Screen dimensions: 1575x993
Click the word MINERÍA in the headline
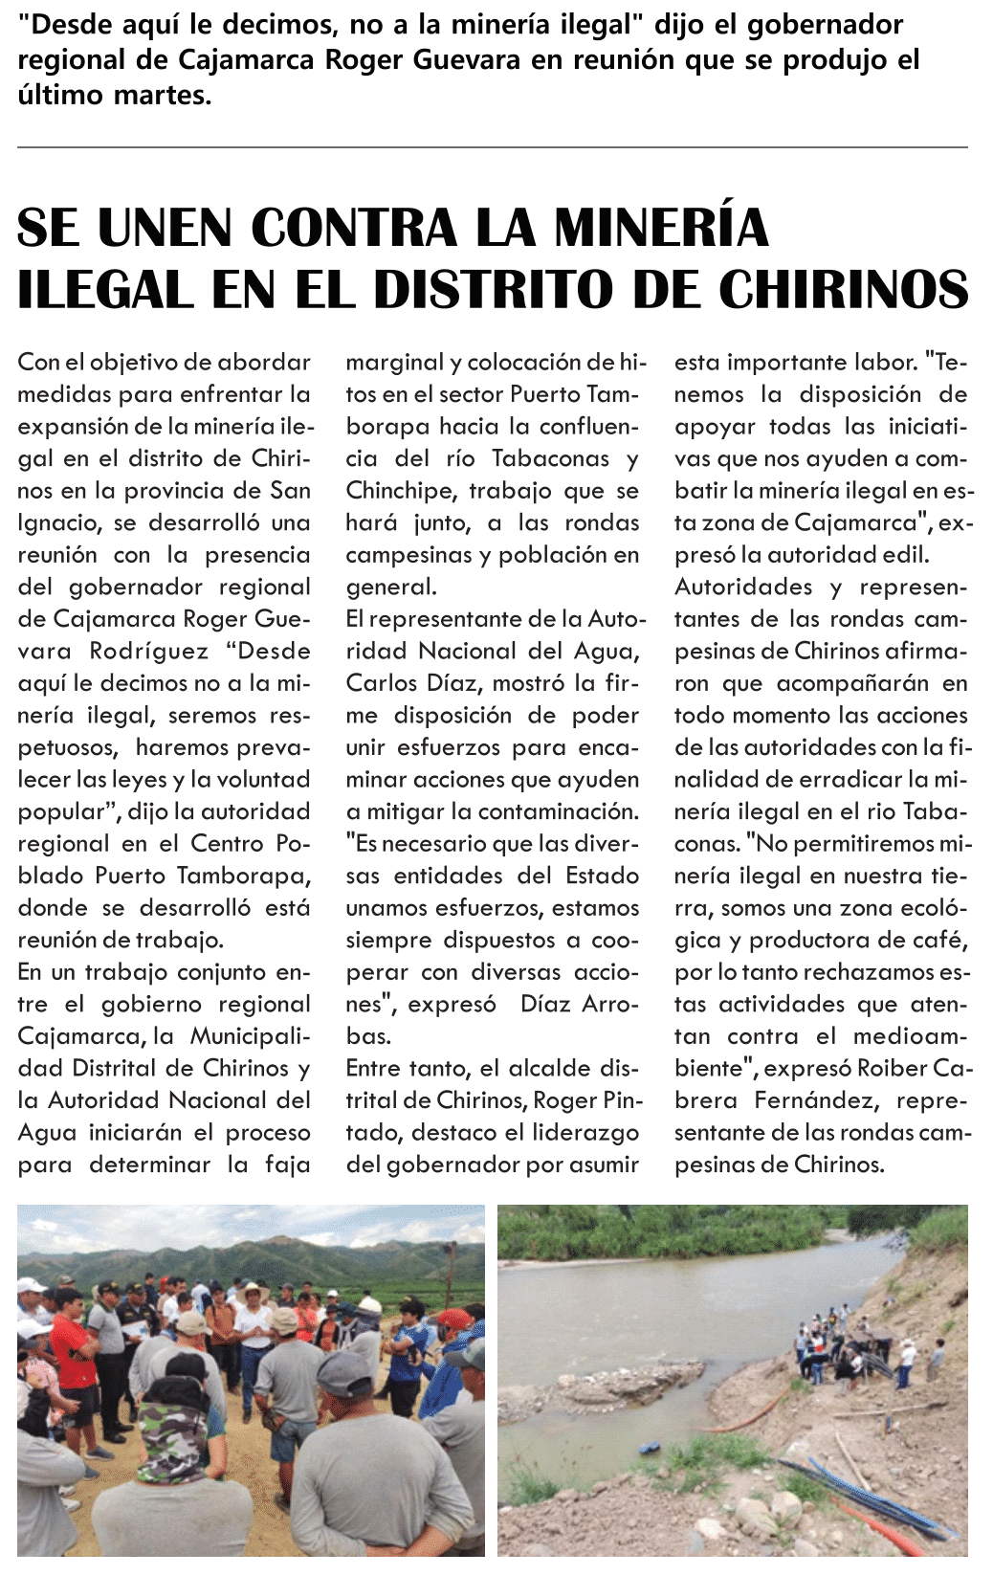click(661, 228)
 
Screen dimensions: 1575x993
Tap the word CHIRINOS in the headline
click(844, 290)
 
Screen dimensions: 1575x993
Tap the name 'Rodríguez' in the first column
click(148, 651)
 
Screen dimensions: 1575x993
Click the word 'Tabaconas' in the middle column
click(550, 458)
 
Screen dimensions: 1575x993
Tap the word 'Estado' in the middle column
click(603, 876)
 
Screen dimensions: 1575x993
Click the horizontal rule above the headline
click(493, 147)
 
